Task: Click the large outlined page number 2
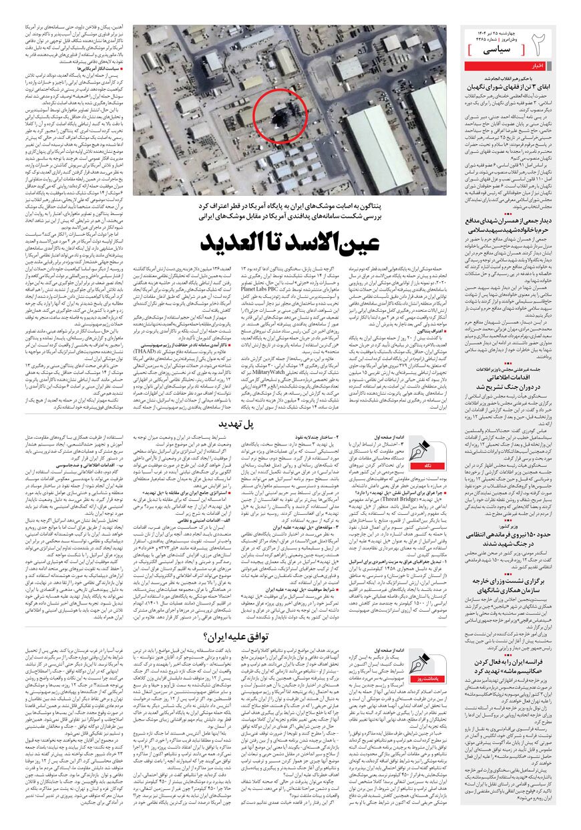point(542,45)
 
